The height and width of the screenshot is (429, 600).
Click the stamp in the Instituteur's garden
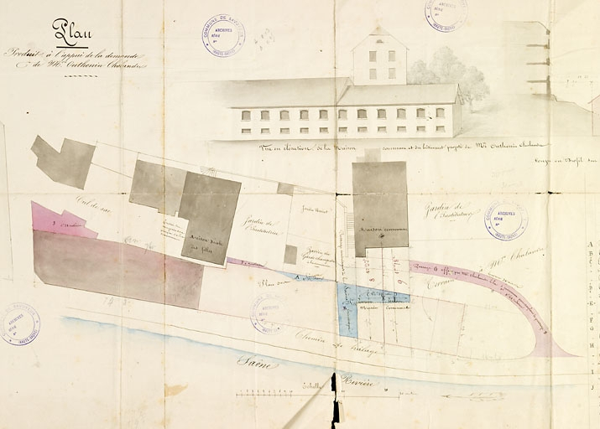[505, 220]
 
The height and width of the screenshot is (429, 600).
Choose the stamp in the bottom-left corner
[20, 323]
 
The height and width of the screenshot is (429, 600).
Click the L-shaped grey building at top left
[65, 161]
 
